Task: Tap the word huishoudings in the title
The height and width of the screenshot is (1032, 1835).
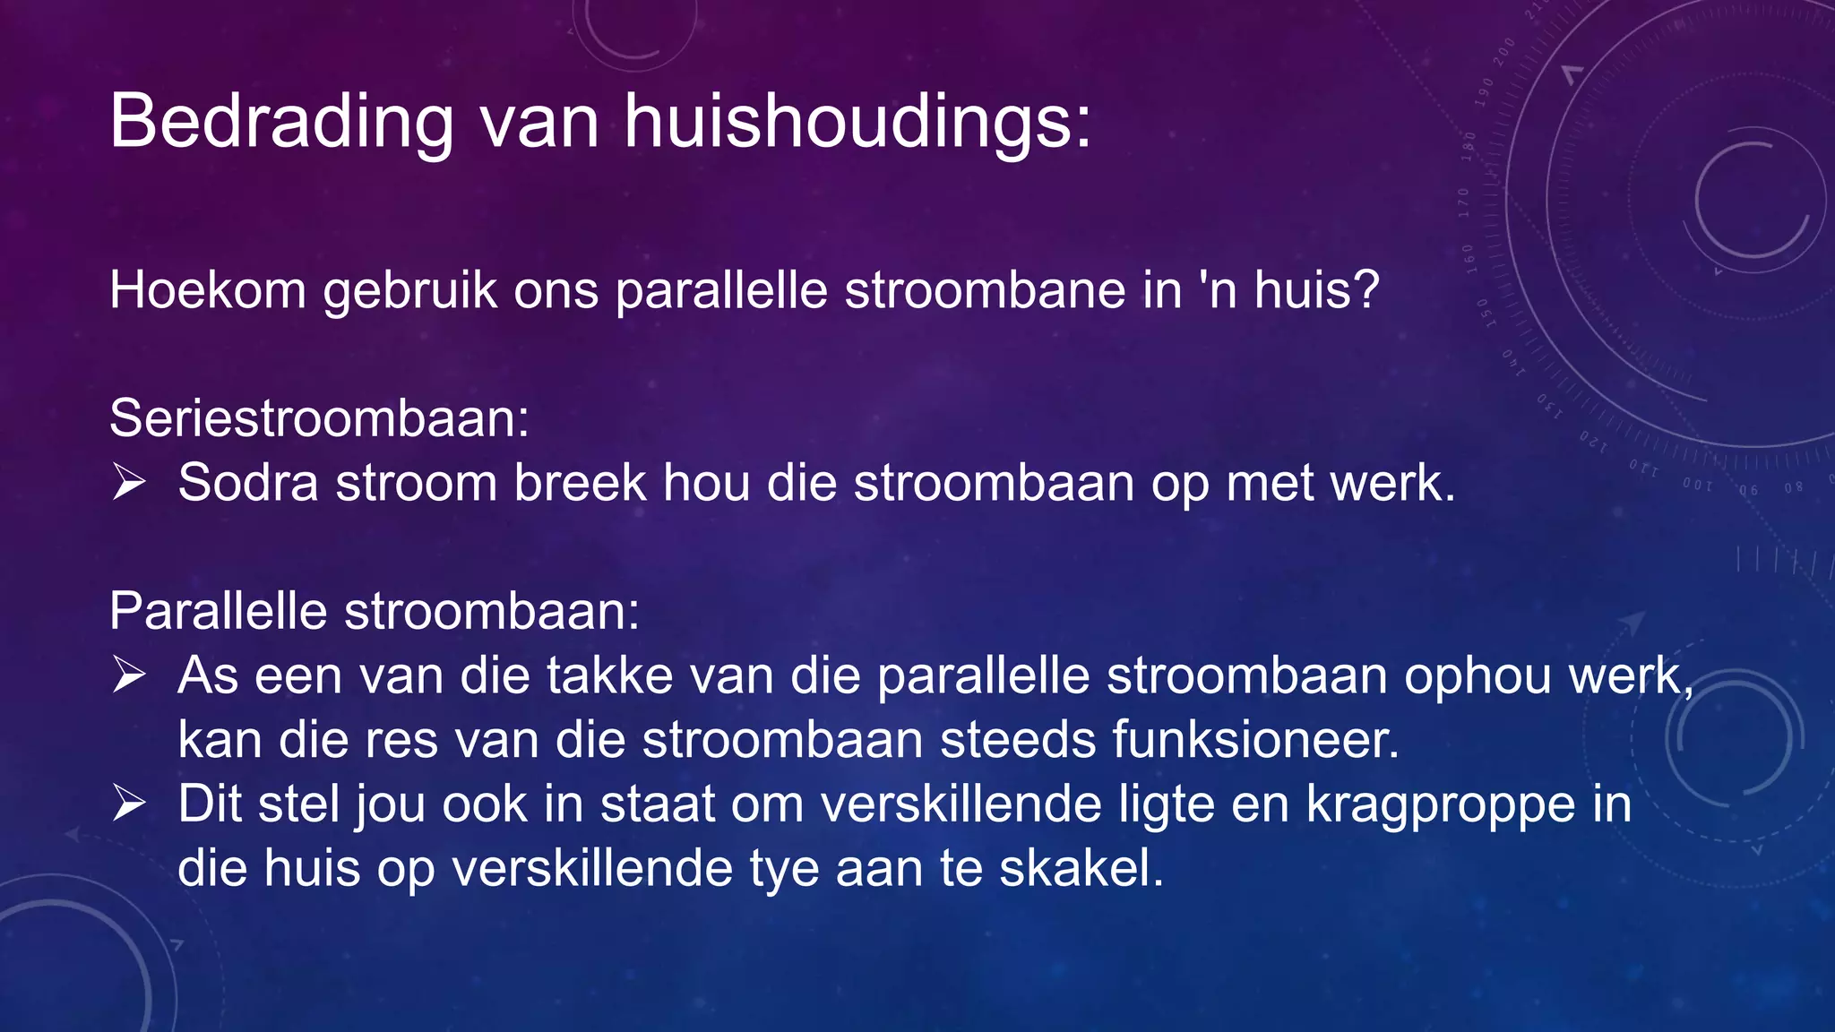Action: click(857, 121)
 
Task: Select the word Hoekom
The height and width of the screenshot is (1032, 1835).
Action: click(207, 290)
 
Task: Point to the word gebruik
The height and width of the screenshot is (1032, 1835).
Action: click(409, 290)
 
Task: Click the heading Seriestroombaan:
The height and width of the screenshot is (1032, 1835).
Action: click(319, 418)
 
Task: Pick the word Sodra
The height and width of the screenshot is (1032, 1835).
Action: click(248, 483)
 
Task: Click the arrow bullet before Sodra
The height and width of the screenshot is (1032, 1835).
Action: click(129, 483)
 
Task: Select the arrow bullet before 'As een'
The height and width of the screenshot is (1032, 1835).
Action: click(129, 675)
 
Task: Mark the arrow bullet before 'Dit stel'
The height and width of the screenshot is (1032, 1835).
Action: click(129, 804)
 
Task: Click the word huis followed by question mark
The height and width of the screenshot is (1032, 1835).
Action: click(1315, 290)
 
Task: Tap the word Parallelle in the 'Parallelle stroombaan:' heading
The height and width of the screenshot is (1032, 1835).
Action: click(218, 612)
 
